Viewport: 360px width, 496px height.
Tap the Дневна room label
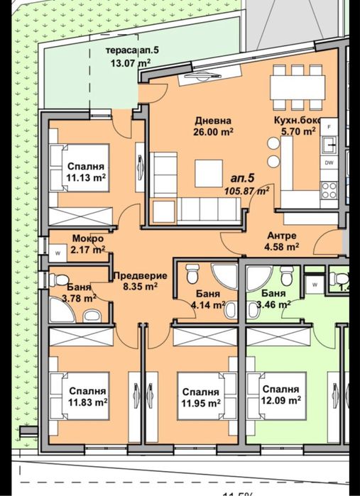(213, 126)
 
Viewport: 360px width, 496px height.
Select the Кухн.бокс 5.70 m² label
(296, 126)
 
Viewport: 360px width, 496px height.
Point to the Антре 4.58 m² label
(282, 241)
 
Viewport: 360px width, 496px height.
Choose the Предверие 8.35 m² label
(140, 282)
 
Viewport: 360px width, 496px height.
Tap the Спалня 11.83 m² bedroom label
(87, 396)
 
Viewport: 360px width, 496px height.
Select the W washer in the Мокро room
(55, 252)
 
